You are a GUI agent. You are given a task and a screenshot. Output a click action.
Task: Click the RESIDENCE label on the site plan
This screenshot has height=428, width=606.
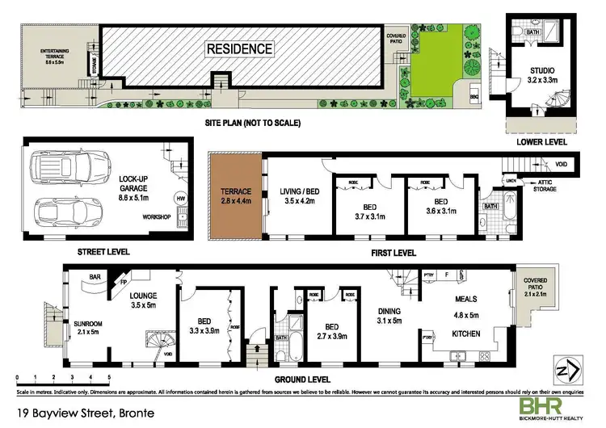pos(239,48)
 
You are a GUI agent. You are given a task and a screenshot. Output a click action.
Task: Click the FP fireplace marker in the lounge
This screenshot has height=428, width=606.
pos(124,284)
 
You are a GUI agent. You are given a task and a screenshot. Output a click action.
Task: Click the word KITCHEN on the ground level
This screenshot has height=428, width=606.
pos(465,333)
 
